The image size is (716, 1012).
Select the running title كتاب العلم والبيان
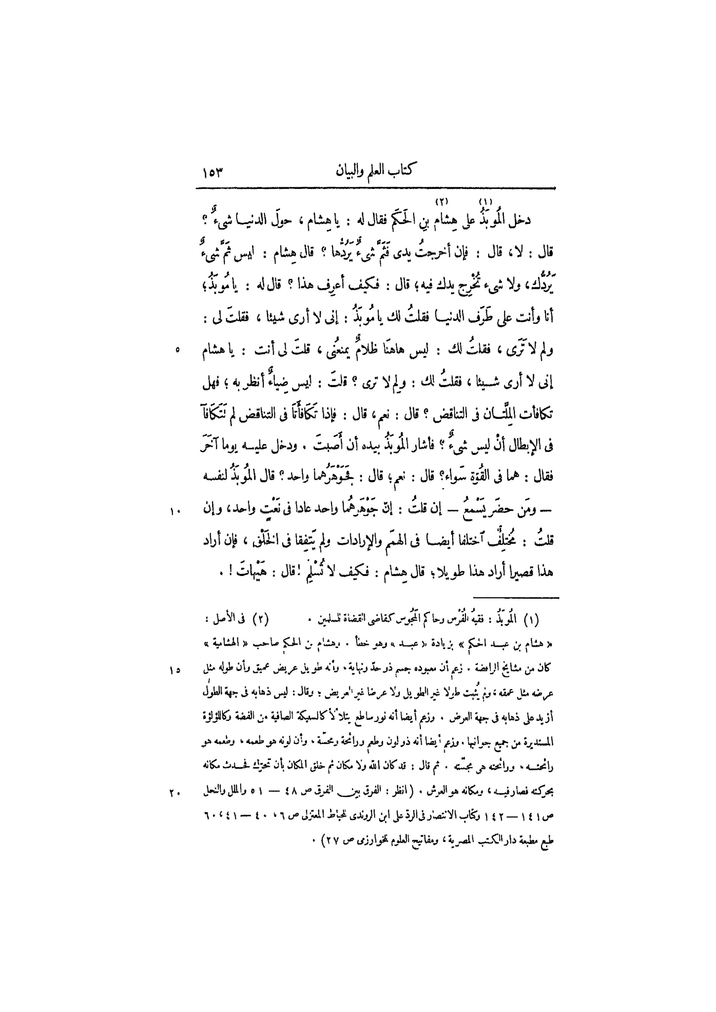(x=375, y=173)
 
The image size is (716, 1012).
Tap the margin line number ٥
(x=177, y=350)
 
